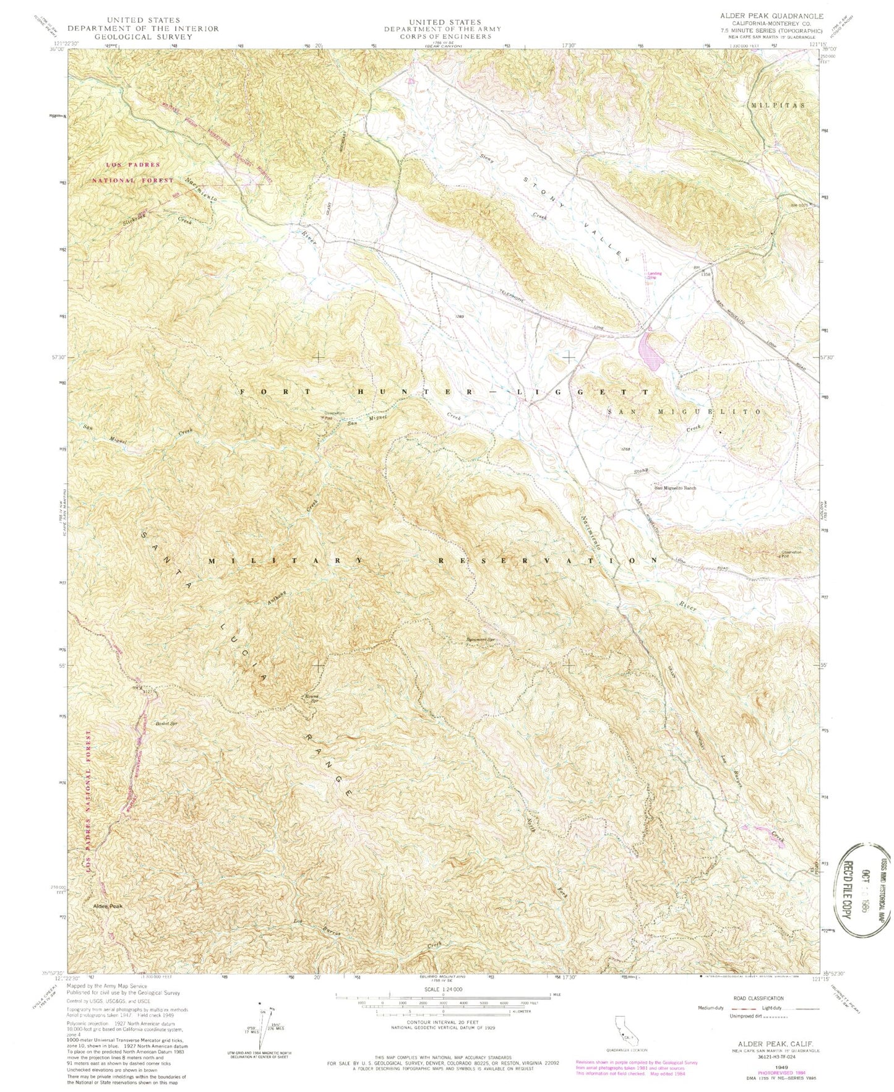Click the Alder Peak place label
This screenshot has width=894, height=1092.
point(108,906)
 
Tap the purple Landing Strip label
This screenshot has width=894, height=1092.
point(651,275)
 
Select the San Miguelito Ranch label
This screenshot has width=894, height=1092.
point(676,488)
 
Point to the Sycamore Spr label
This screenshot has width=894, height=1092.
point(483,640)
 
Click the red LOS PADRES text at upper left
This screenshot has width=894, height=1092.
point(133,165)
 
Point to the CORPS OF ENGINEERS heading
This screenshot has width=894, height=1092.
point(442,37)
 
